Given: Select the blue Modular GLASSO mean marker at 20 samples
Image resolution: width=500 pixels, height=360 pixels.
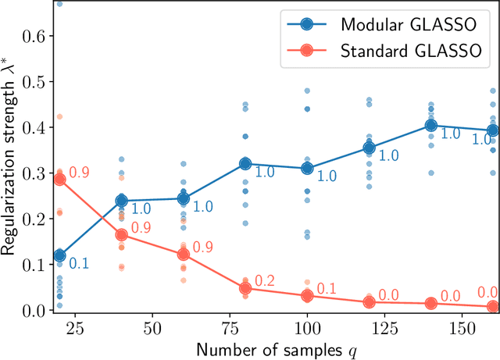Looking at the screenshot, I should [x=59, y=255].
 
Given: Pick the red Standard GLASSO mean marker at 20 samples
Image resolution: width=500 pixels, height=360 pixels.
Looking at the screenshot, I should [x=59, y=179].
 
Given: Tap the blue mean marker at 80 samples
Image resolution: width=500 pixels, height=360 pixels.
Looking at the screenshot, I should [x=245, y=164].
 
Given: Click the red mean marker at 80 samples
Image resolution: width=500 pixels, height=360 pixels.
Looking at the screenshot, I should [x=245, y=288].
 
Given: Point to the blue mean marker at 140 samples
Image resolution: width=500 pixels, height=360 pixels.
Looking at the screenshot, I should [x=431, y=125].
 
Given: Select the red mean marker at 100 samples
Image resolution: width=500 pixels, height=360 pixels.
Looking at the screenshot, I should [x=307, y=296].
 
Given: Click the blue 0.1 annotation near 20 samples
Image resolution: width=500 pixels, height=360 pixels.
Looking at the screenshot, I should [x=79, y=264].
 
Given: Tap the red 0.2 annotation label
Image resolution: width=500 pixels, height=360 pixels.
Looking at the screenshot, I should [x=265, y=281].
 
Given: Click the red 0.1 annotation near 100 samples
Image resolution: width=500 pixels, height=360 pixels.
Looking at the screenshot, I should [x=327, y=289].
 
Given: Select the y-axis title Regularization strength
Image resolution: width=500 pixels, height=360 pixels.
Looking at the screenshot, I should [x=11, y=156].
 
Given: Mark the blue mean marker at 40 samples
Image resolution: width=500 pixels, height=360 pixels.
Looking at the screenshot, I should [x=121, y=201].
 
